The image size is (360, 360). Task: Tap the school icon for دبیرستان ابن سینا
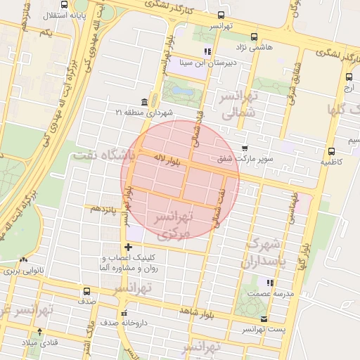coord(207,51)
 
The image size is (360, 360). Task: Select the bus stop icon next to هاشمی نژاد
coord(254,37)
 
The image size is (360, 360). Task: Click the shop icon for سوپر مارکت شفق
coord(244,148)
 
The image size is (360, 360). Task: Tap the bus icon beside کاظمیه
coord(331,150)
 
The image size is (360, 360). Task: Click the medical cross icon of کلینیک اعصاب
coord(127,247)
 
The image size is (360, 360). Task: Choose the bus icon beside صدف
coord(87,291)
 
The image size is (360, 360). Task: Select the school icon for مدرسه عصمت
coord(267,283)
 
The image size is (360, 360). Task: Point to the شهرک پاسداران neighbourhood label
coord(265,254)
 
